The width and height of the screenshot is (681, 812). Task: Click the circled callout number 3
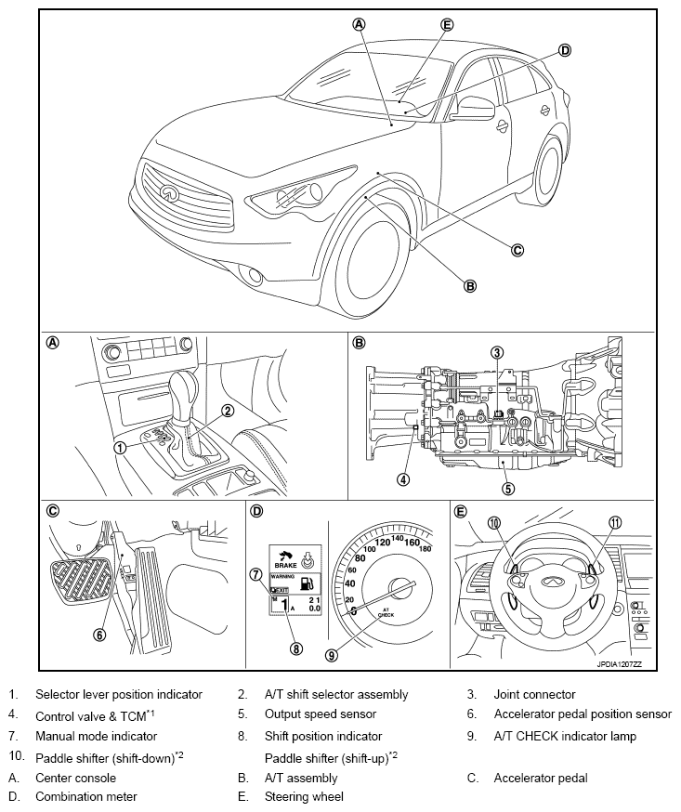(498, 352)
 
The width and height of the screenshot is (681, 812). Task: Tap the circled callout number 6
(98, 635)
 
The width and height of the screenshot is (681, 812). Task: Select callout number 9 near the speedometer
(331, 654)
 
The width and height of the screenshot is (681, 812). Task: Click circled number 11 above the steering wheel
(614, 523)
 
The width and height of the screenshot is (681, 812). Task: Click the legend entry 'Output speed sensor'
(320, 714)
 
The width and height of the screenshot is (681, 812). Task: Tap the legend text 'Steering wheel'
(304, 796)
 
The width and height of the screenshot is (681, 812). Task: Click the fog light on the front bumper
(250, 273)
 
